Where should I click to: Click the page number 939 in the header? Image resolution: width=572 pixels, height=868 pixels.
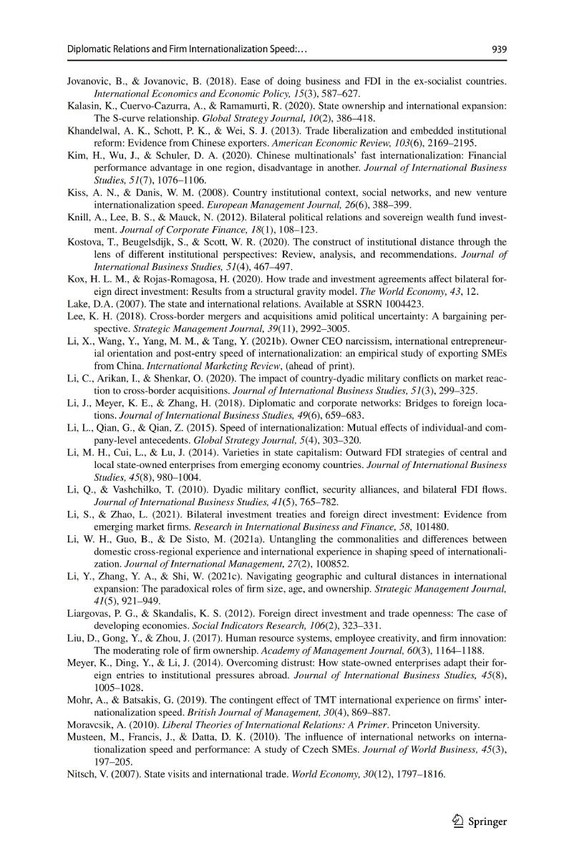[499, 49]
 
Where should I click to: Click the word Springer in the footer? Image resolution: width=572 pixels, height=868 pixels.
[488, 822]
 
